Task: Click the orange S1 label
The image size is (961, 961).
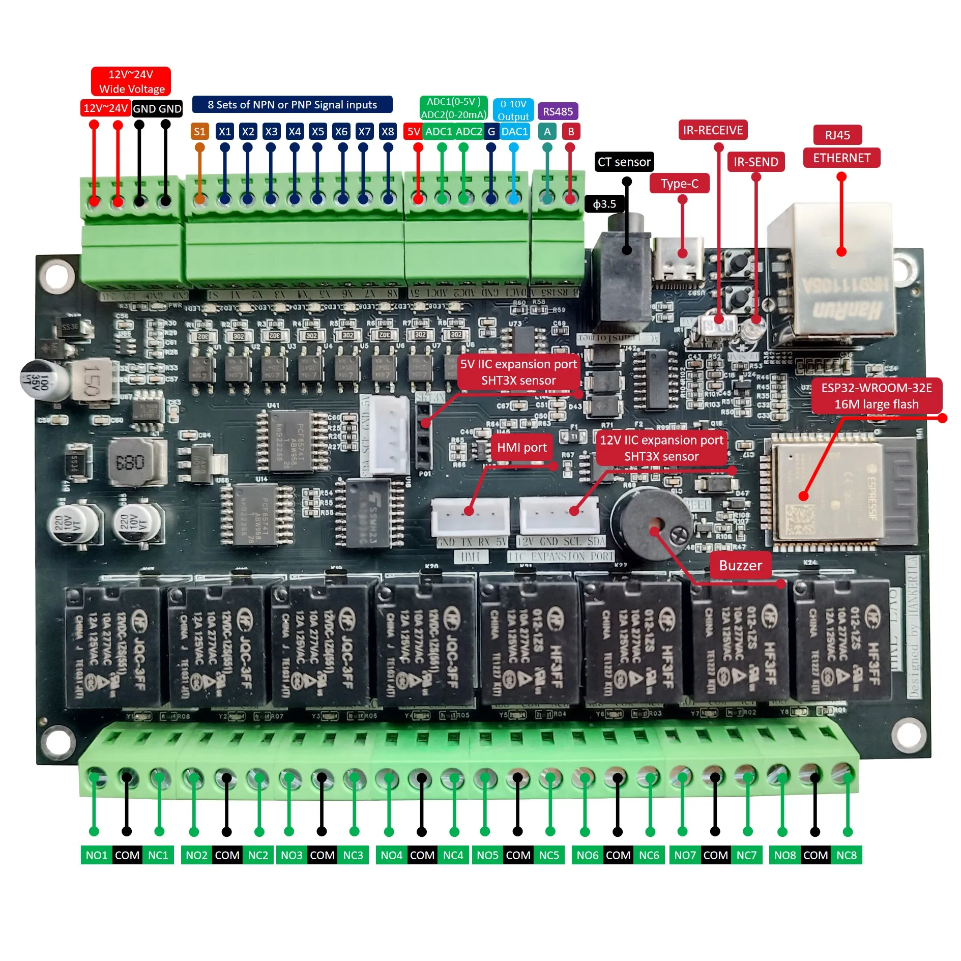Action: [199, 132]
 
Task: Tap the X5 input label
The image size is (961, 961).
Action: [318, 132]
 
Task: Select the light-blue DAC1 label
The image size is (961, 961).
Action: [514, 132]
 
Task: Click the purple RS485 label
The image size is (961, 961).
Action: [558, 111]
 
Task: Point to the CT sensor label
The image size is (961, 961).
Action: [624, 162]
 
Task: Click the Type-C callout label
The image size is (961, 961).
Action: [679, 184]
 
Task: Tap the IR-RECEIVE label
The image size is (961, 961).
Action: [712, 130]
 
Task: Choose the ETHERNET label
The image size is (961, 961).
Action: [841, 158]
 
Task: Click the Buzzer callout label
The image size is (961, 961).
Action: [740, 565]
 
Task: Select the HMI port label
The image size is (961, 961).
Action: [521, 447]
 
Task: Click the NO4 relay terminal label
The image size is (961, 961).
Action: [391, 855]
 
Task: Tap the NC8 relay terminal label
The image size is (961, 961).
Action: [847, 855]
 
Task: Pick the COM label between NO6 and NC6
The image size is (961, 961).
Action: [618, 855]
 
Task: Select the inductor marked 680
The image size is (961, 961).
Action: [131, 462]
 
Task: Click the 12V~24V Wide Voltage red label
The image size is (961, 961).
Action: [131, 81]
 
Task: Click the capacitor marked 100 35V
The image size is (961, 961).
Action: [43, 380]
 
